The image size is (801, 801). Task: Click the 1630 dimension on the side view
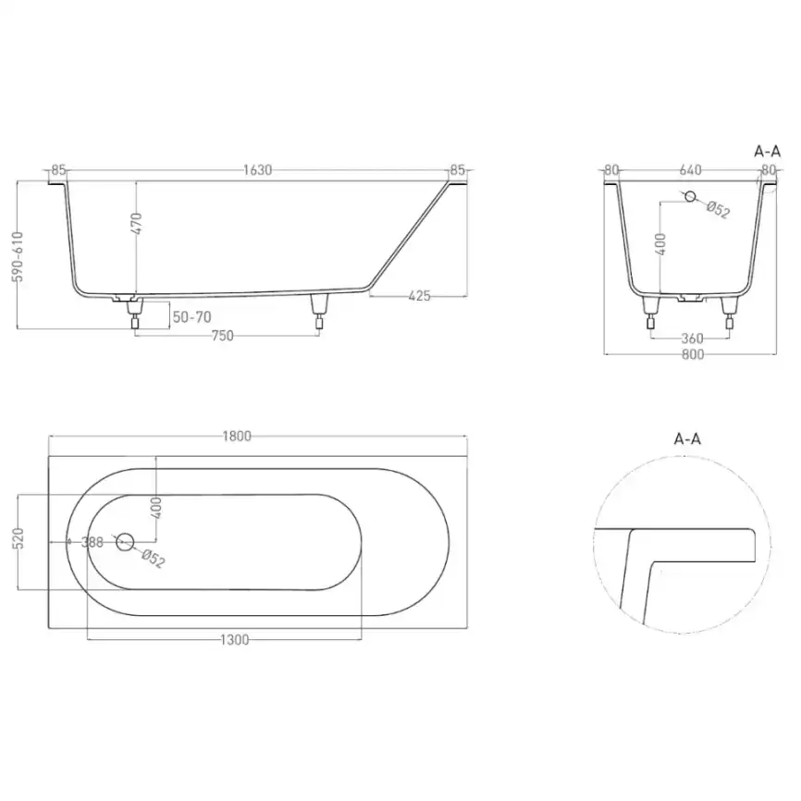[257, 170]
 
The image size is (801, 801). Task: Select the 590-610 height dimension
[18, 256]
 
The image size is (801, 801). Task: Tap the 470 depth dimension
[136, 223]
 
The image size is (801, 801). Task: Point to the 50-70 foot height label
[192, 317]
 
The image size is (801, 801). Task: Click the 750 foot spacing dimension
[222, 336]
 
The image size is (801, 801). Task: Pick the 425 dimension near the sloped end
[419, 296]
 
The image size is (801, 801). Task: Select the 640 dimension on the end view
[690, 169]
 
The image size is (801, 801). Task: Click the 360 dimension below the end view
[692, 339]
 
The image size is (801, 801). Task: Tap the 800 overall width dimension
[692, 354]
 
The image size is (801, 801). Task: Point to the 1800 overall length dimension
[237, 437]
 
